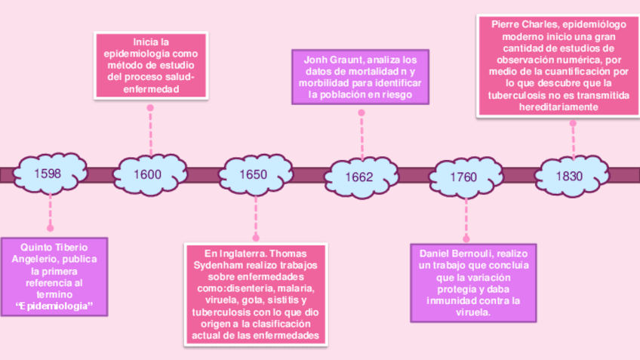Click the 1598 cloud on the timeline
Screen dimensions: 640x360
(x=49, y=174)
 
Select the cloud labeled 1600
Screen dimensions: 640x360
(x=148, y=174)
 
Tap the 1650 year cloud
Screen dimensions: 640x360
(x=254, y=174)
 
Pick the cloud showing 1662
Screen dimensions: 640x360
(x=359, y=176)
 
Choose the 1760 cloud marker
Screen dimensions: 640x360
(x=463, y=176)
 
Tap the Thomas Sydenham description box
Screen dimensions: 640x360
(x=255, y=294)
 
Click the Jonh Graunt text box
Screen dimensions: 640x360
(x=361, y=76)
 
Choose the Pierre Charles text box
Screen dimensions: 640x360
(x=558, y=66)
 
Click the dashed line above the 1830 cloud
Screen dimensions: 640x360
(x=573, y=136)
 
